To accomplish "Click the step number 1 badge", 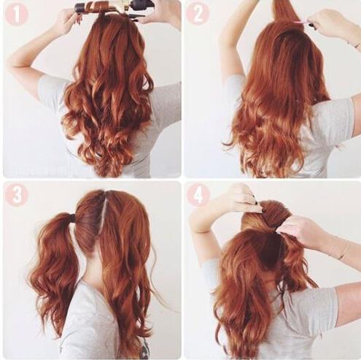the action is point(17,15).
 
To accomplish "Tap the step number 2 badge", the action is point(198,15).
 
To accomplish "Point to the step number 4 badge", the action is point(198,196).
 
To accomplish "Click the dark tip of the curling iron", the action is point(80,8).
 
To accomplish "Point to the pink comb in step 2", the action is point(302,23).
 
